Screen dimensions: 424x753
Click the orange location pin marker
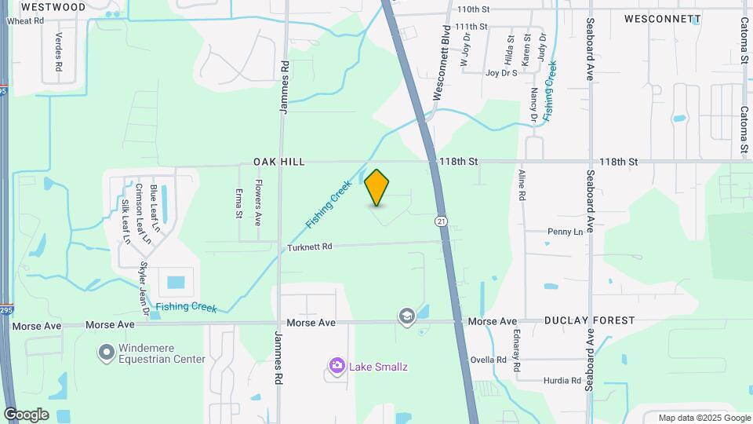coord(377,187)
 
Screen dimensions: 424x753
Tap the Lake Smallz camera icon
coord(337,365)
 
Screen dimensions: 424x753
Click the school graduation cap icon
coord(406,316)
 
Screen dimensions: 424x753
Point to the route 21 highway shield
coord(442,221)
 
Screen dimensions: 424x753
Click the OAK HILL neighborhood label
coord(278,162)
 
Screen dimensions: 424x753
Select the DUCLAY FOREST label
coord(589,320)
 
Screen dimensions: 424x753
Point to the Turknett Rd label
coord(311,247)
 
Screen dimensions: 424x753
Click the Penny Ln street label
coord(565,232)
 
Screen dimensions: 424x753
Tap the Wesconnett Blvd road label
coord(444,52)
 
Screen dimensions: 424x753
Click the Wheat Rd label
coord(25,20)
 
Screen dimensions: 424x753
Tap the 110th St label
coord(473,9)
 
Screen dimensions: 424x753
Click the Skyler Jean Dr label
coord(144,288)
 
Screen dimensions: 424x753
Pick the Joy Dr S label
coord(501,73)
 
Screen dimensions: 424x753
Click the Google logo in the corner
coord(26,415)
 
